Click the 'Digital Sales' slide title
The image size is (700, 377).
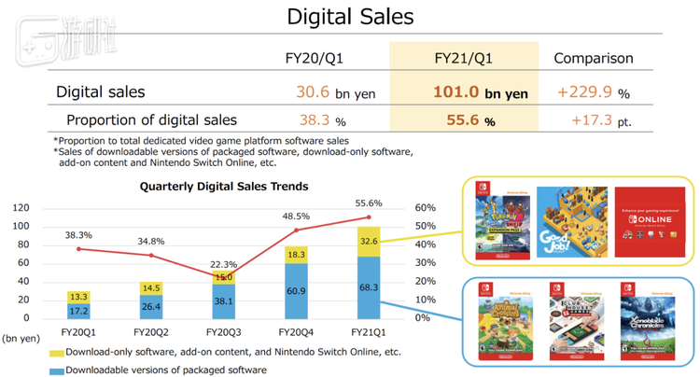(x=350, y=17)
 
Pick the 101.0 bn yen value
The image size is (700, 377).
(x=480, y=92)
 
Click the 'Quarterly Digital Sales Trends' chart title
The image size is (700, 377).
(x=223, y=186)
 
